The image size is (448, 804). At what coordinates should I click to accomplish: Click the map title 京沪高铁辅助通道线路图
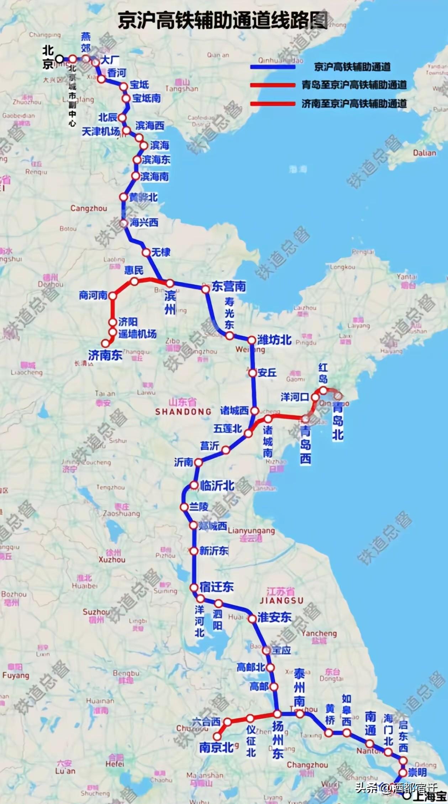pos(223,20)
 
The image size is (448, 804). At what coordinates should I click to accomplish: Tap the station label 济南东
pos(105,355)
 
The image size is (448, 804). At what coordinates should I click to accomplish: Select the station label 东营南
pos(229,287)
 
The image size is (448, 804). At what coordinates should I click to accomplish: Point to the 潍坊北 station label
pos(274,340)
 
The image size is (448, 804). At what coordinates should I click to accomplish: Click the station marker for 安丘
pos(252,373)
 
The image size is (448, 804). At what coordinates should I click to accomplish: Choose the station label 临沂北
pos(217,485)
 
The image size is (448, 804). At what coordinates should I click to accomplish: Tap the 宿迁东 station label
pos(216,587)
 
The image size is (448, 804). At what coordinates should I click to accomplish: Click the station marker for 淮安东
pos(252,619)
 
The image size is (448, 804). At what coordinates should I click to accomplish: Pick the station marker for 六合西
pos(227,722)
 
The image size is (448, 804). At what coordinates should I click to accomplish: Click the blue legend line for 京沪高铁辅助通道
pos(273,67)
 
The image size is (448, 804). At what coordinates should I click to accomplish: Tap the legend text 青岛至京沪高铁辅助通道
pos(354,85)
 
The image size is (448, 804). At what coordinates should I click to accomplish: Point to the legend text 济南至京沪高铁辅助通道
pos(354,104)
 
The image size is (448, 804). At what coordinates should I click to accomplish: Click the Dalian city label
pos(425,153)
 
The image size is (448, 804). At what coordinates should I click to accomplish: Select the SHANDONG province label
pos(183,412)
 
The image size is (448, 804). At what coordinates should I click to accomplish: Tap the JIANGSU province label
pos(281,601)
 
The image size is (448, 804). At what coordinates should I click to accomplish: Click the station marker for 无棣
pos(146,252)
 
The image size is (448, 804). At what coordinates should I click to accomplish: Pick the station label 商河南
pos(93,295)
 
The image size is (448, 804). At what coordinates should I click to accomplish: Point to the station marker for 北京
pos(60,58)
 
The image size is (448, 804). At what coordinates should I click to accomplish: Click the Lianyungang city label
pos(251,531)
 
